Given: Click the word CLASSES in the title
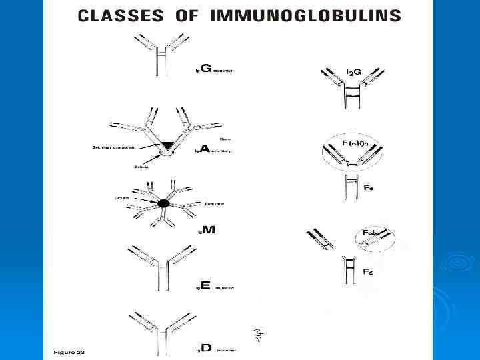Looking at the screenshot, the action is point(117,15).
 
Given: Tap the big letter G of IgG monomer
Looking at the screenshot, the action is point(206,68).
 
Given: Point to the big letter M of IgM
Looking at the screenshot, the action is point(208,230).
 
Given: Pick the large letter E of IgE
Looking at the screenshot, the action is point(205,285).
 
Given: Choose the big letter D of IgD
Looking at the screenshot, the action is point(206,347).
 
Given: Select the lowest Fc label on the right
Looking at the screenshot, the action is point(367,273).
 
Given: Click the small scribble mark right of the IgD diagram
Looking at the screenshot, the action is point(259,333).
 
